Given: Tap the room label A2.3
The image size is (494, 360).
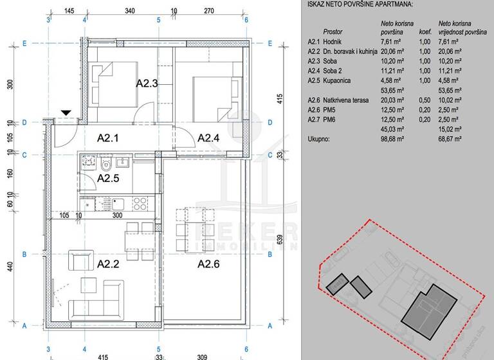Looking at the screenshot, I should (x=148, y=83).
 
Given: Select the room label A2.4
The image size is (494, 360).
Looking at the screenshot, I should (x=210, y=138).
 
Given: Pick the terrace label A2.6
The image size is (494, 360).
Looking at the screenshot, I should (x=210, y=263).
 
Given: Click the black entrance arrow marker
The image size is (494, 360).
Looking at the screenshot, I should (x=66, y=113).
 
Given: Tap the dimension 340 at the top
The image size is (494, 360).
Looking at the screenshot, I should (x=129, y=11).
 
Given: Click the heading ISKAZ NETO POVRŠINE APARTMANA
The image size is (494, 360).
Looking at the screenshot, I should (x=360, y=4).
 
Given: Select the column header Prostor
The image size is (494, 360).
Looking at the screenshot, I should (x=333, y=31).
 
